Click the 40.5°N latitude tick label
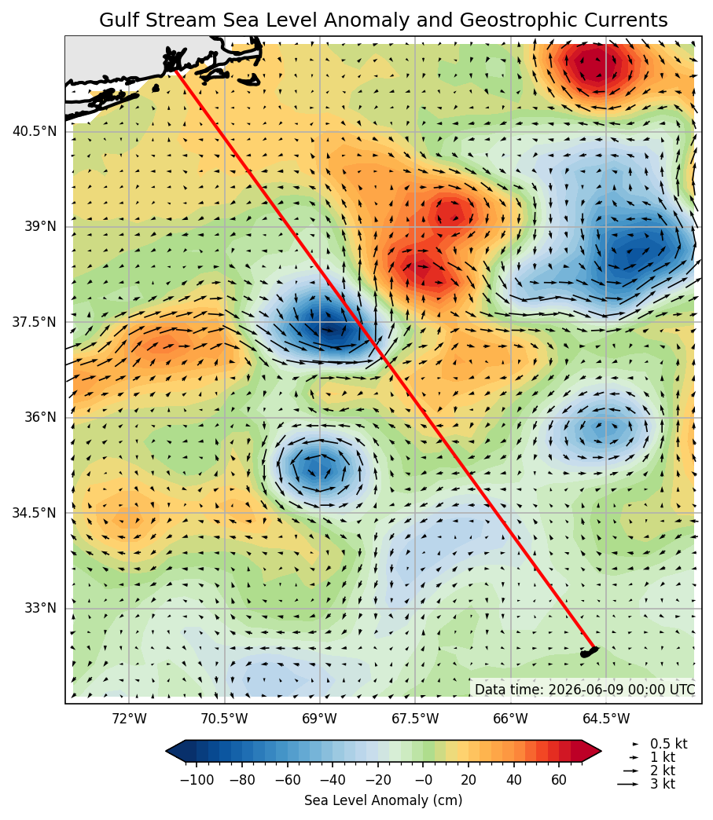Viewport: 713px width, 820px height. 35,131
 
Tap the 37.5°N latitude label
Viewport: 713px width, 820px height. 35,322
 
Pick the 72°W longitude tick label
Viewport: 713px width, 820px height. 129,719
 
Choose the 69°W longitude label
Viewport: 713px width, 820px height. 320,719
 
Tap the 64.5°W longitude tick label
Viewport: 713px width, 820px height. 606,719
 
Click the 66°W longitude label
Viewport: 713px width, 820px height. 510,719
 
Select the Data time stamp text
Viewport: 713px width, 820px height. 585,690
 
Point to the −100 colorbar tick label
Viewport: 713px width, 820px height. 197,780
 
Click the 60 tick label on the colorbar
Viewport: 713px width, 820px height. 559,780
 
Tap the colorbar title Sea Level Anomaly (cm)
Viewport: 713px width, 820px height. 383,800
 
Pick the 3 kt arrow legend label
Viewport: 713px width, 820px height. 663,784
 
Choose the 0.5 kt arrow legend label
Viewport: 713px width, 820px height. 668,744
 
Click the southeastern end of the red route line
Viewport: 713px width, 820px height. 594,648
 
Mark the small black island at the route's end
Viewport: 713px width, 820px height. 589,652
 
